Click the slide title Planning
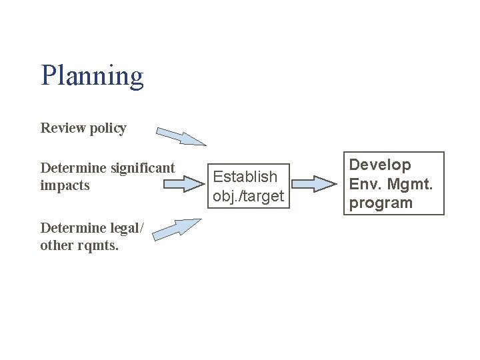pos(92,76)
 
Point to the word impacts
pos(65,185)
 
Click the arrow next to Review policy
pos(181,136)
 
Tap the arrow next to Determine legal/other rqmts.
pos(179,228)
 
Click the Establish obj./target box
pos(248,186)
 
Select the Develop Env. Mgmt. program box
pos(394,183)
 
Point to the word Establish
pos(245,177)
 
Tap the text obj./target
pos(248,196)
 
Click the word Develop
pos(381,165)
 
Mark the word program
pos(381,203)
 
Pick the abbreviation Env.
pos(365,183)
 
